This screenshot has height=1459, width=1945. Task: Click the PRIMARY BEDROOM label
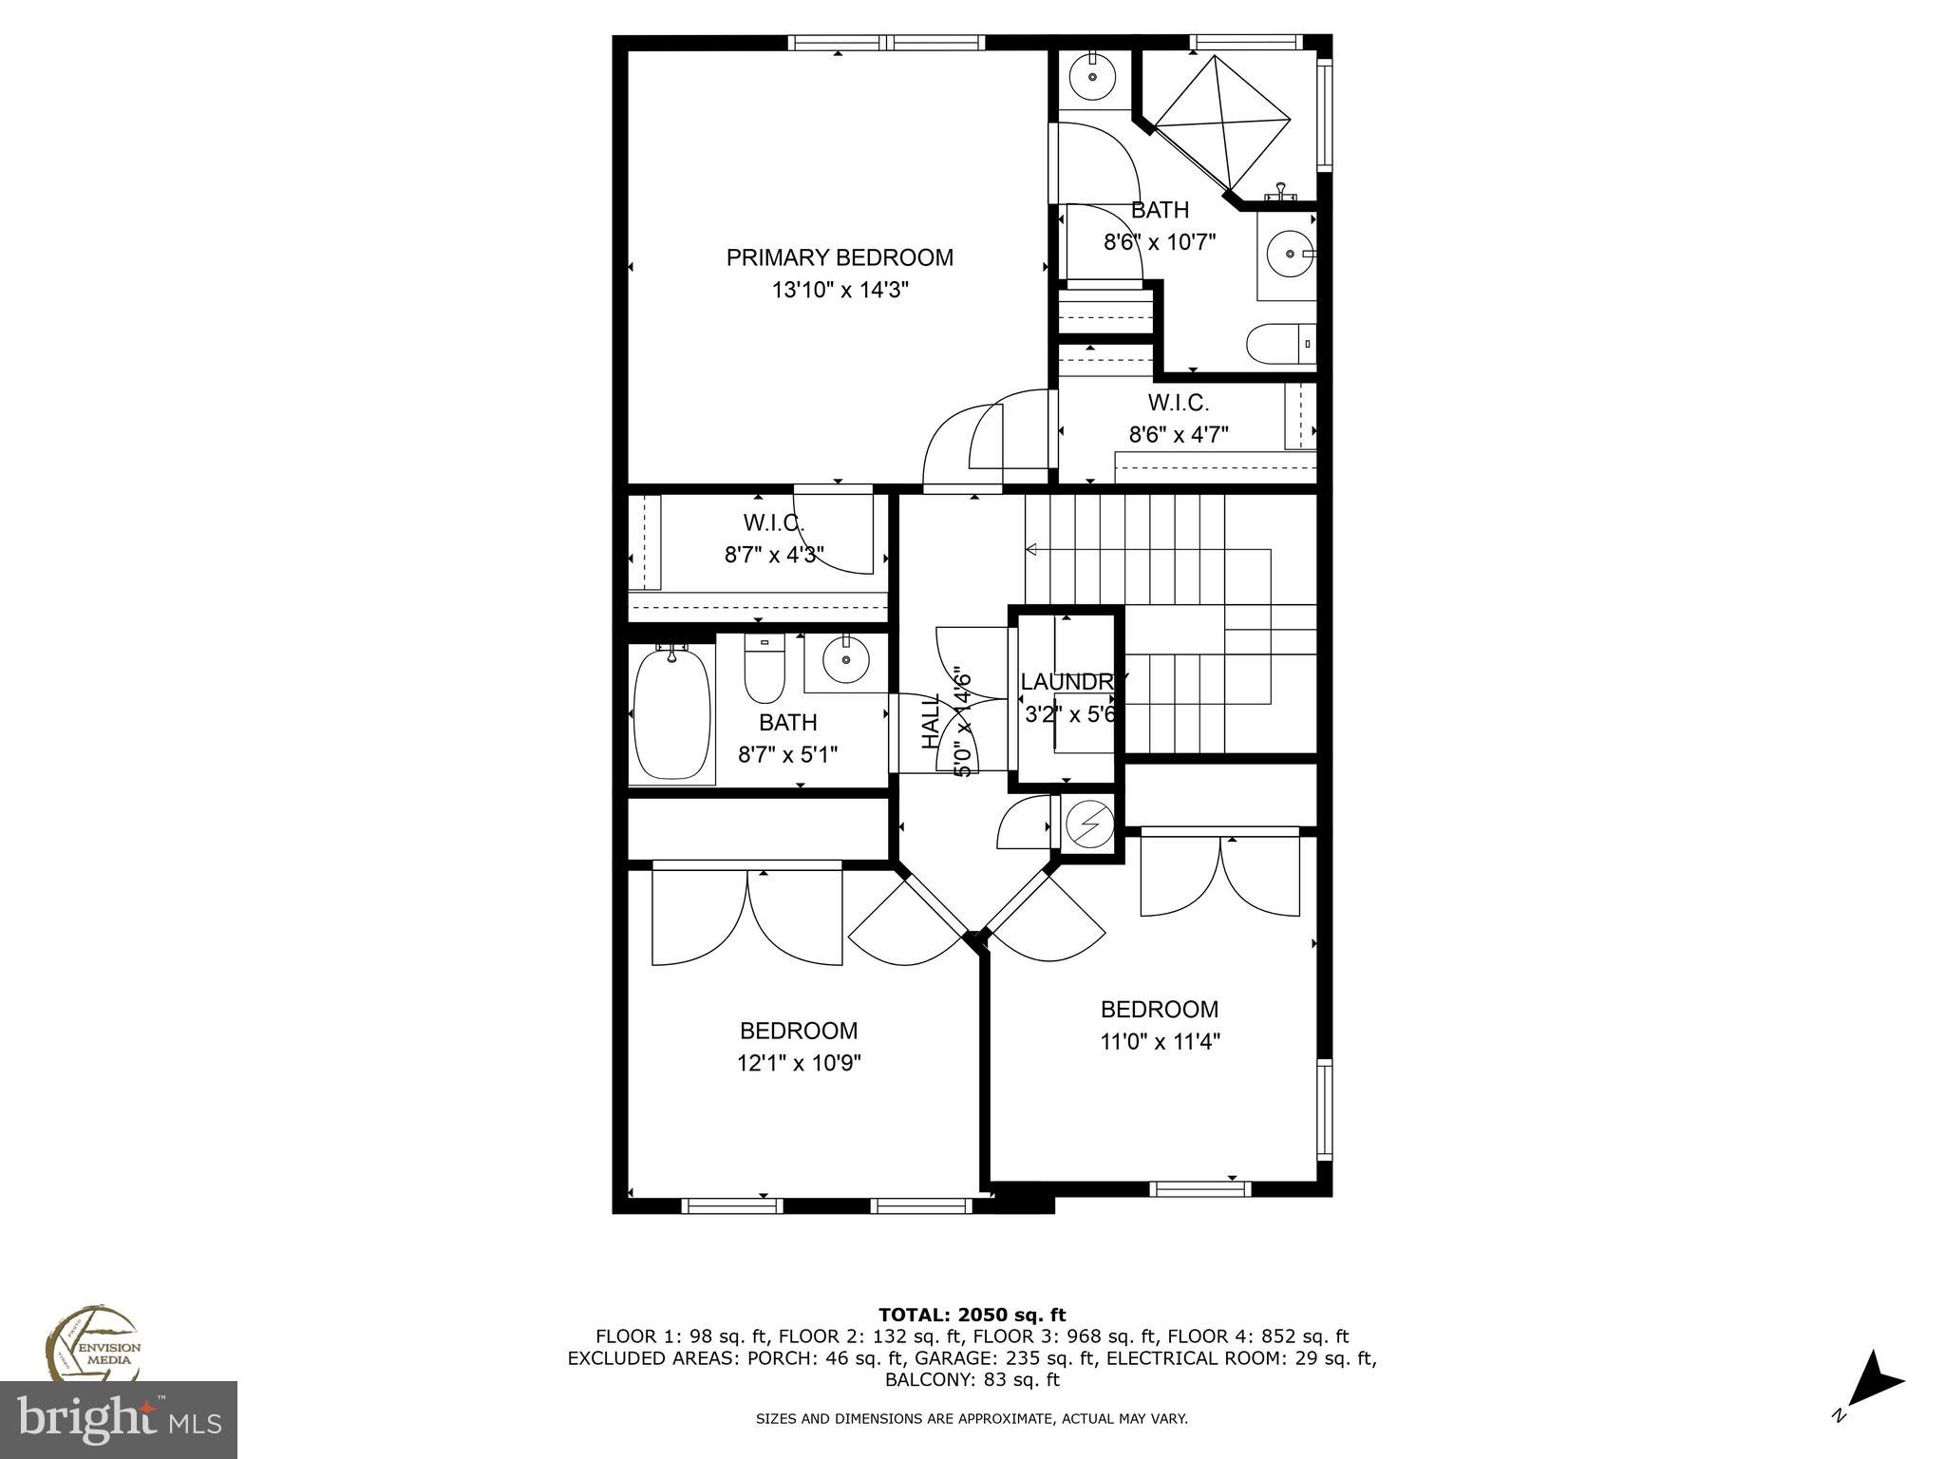[840, 257]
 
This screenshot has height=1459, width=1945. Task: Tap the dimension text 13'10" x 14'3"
[840, 290]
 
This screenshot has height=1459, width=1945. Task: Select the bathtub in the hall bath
[671, 712]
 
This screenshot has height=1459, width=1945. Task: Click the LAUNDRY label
[1071, 681]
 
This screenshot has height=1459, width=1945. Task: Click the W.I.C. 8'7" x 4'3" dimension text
[774, 555]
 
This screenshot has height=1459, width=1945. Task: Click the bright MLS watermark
[119, 1419]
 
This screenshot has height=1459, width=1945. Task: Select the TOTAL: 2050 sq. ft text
[972, 1315]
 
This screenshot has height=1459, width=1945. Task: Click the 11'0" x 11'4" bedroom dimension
[1160, 1041]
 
